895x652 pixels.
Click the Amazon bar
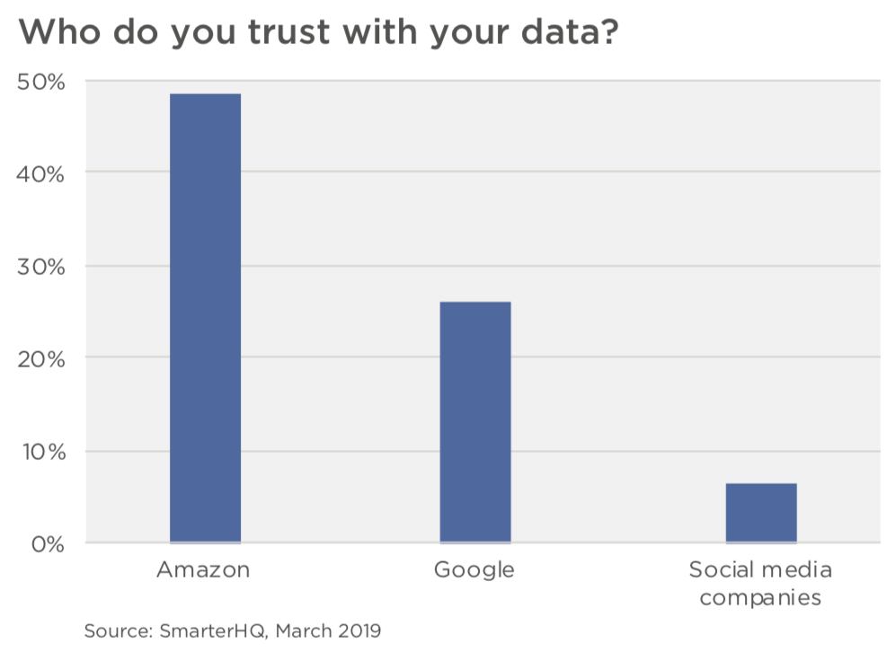click(x=205, y=318)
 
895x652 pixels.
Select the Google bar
click(x=475, y=422)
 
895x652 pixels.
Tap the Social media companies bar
click(x=760, y=513)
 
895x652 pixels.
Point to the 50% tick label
click(x=41, y=83)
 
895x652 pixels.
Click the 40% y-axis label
click(x=41, y=174)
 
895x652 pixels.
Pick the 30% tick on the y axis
click(x=41, y=268)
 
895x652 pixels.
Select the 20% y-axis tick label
click(x=41, y=360)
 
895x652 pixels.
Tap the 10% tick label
click(x=41, y=452)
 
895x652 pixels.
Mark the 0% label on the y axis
click(x=47, y=544)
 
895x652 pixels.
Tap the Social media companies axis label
click(x=760, y=584)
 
